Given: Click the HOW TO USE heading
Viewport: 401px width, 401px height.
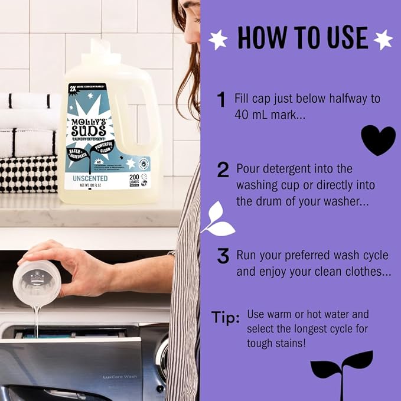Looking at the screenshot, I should click(302, 38).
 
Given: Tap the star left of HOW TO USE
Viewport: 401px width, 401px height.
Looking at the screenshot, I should click(219, 40).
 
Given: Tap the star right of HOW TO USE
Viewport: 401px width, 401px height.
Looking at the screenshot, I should click(383, 40).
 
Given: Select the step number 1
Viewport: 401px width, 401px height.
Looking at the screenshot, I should click(221, 100).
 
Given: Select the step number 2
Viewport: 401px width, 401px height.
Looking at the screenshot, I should click(223, 171).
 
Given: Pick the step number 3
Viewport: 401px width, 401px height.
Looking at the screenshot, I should click(223, 256).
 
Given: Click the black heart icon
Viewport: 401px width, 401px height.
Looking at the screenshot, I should click(378, 140).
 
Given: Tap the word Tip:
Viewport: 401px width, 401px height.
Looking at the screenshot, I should click(225, 318).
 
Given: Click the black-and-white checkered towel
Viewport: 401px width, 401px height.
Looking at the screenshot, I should click(28, 174).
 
